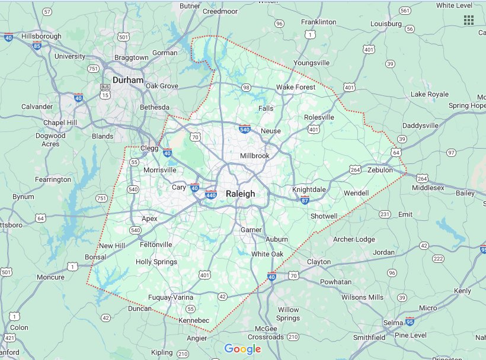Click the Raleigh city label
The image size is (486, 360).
(x=240, y=194)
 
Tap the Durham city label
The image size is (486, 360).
(x=128, y=80)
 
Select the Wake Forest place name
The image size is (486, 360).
(x=296, y=88)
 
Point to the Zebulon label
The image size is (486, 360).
(x=380, y=170)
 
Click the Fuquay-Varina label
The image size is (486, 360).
(x=170, y=297)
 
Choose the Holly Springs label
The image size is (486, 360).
(x=156, y=262)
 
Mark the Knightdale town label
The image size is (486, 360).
(x=309, y=189)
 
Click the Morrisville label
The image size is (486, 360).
(x=159, y=170)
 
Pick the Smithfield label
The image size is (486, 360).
(x=369, y=337)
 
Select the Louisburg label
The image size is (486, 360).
(x=386, y=24)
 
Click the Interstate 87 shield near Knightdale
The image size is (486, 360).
(x=305, y=200)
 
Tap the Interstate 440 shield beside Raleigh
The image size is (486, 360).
(x=212, y=194)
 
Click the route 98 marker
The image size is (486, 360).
(x=245, y=88)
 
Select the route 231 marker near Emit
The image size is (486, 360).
(x=385, y=214)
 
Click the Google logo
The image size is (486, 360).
(x=242, y=349)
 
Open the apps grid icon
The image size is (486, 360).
(x=468, y=20)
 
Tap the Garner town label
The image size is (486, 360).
(x=251, y=229)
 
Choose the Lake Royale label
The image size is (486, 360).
(x=430, y=94)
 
